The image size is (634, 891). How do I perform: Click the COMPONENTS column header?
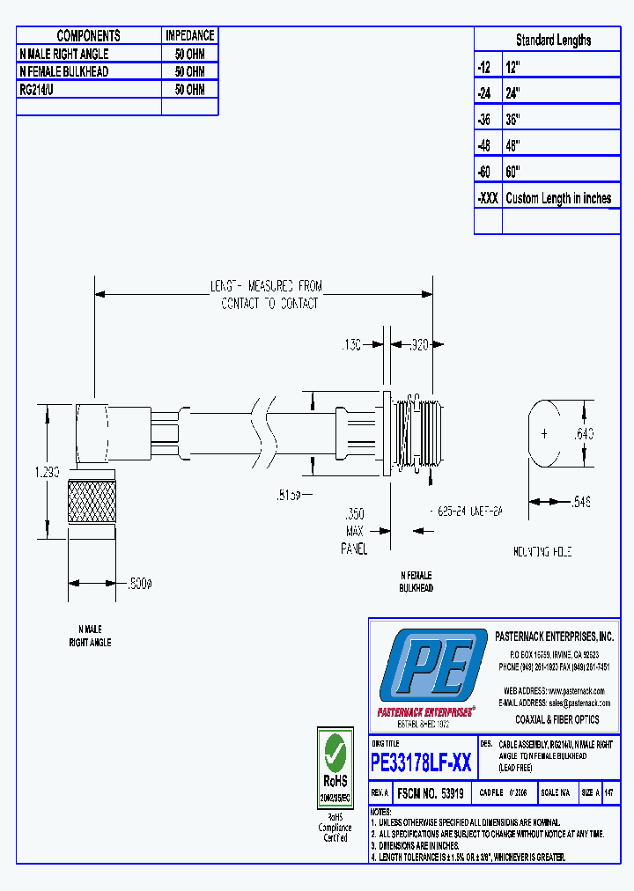pyautogui.click(x=88, y=36)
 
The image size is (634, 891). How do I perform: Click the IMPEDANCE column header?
pyautogui.click(x=189, y=36)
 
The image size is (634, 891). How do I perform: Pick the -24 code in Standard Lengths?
pyautogui.click(x=487, y=92)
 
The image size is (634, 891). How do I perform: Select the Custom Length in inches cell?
pyautogui.click(x=558, y=198)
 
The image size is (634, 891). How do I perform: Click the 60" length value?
pyautogui.click(x=512, y=172)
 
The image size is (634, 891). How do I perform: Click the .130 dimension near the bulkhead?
pyautogui.click(x=350, y=346)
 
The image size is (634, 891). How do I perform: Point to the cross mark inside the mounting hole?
pyautogui.click(x=545, y=434)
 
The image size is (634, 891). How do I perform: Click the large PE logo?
pyautogui.click(x=432, y=666)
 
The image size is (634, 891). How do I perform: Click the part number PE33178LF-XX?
pyautogui.click(x=421, y=762)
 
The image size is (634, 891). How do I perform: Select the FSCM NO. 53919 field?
pyautogui.click(x=431, y=792)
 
